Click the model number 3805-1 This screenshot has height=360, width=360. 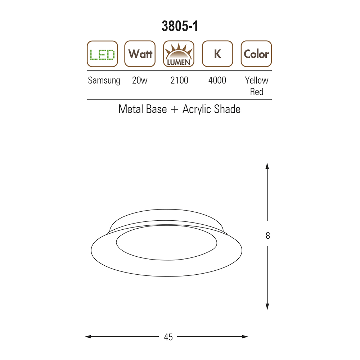tap(180, 26)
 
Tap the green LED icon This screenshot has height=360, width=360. tap(102, 54)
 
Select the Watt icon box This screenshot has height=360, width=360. tap(140, 54)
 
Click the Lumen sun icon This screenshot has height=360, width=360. tap(179, 54)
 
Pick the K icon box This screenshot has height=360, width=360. tap(217, 54)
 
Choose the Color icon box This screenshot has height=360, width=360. tap(256, 54)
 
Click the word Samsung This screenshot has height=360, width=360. tap(104, 81)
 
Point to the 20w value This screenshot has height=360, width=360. tap(140, 80)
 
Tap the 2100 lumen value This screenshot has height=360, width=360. tap(179, 80)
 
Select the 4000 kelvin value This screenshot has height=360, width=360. tap(217, 80)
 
